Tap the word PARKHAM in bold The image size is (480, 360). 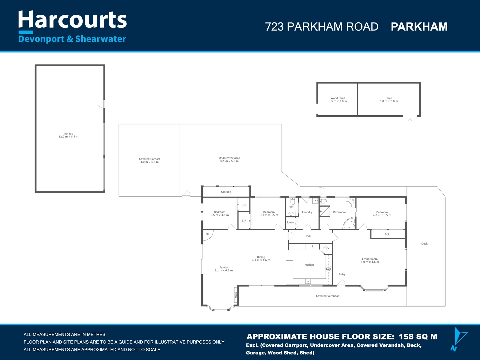[419, 27]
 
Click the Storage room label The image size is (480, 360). [226, 192]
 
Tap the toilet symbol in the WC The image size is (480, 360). [292, 201]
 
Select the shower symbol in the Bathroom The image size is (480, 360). [325, 211]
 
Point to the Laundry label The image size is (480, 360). [307, 212]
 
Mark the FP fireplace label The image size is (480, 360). [207, 234]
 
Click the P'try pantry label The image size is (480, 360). [326, 248]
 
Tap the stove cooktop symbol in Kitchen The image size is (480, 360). [329, 269]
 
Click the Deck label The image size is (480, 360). [424, 244]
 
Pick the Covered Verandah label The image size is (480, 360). [328, 296]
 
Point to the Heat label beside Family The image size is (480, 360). [236, 295]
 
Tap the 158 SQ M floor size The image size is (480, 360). [418, 337]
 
